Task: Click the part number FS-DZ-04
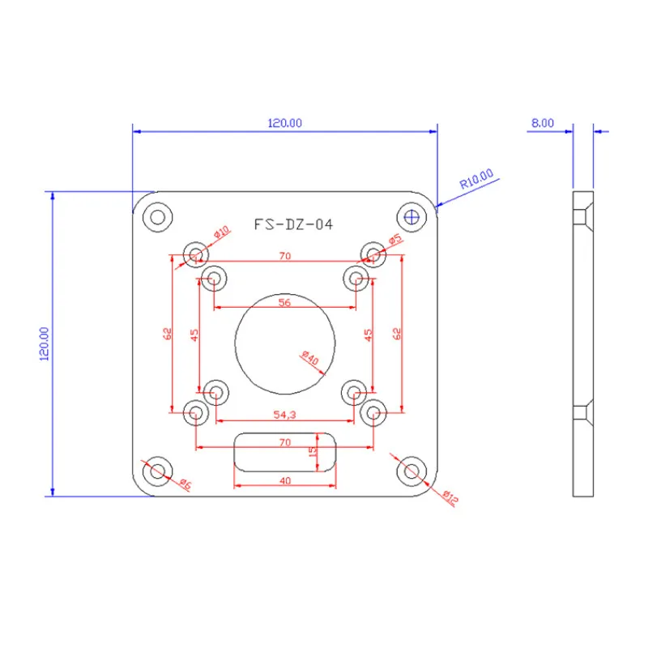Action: [292, 225]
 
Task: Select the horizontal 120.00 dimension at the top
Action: [284, 123]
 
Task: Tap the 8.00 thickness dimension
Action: [542, 123]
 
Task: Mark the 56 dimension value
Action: [284, 301]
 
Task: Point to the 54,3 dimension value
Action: [284, 414]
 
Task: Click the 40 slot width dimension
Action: [284, 480]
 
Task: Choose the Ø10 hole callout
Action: [221, 232]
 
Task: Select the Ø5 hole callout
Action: [395, 239]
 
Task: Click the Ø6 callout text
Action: [185, 484]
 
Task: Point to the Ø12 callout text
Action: [450, 496]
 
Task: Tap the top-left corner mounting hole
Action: [156, 216]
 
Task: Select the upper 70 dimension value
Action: [284, 255]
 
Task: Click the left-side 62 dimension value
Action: [167, 333]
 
